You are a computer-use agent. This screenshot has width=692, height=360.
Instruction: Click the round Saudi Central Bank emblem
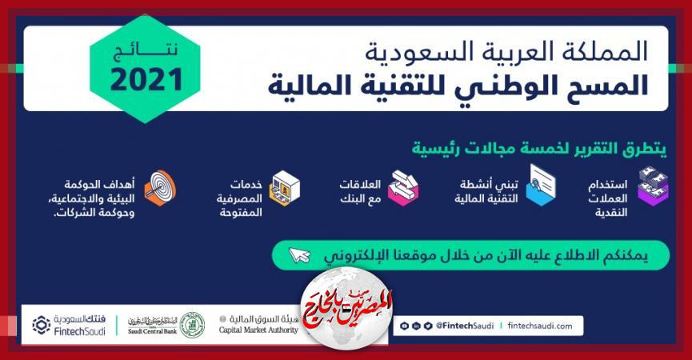(191, 325)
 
